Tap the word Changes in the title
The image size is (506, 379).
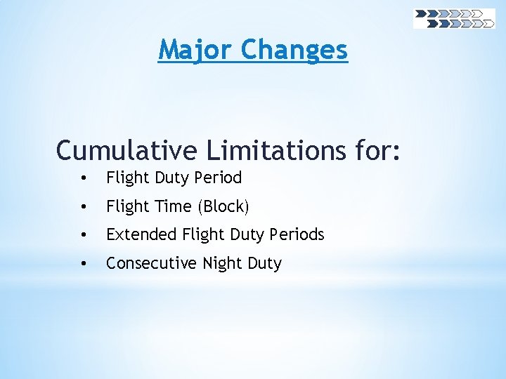point(294,50)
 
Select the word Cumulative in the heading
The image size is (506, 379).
point(127,150)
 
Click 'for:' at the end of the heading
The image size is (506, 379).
point(379,150)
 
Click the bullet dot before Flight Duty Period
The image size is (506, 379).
point(84,178)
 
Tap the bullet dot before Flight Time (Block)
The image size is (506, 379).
point(84,207)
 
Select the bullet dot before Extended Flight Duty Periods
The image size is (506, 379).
point(84,235)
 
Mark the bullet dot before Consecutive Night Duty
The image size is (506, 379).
point(84,264)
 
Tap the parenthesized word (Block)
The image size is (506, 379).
point(223,207)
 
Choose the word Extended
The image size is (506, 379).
point(141,234)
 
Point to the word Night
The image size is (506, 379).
point(221,263)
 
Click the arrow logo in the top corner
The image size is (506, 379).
point(454,18)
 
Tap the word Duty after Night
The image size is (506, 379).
point(264,264)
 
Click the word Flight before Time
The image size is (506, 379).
point(127,206)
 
